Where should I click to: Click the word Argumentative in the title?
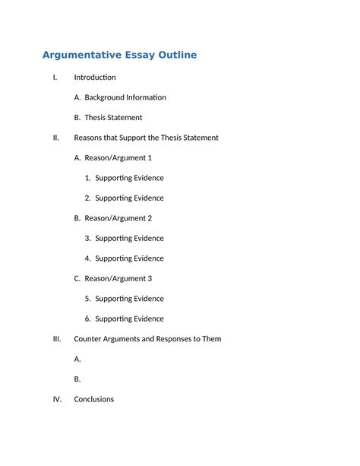[x=79, y=55]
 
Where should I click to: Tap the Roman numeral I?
[x=55, y=78]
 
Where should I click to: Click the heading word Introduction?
[x=95, y=78]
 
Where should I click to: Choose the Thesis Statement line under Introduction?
[x=113, y=118]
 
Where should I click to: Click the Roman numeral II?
[x=55, y=138]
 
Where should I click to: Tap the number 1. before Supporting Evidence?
[x=88, y=178]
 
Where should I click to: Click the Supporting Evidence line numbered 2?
[x=129, y=198]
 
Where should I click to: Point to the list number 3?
[x=88, y=239]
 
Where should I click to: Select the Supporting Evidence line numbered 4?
[x=129, y=258]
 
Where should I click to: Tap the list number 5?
[x=88, y=299]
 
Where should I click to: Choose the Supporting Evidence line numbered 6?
[x=129, y=319]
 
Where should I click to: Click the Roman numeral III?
[x=56, y=339]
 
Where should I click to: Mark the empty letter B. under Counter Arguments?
[x=77, y=379]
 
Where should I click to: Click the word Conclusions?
[x=94, y=399]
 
